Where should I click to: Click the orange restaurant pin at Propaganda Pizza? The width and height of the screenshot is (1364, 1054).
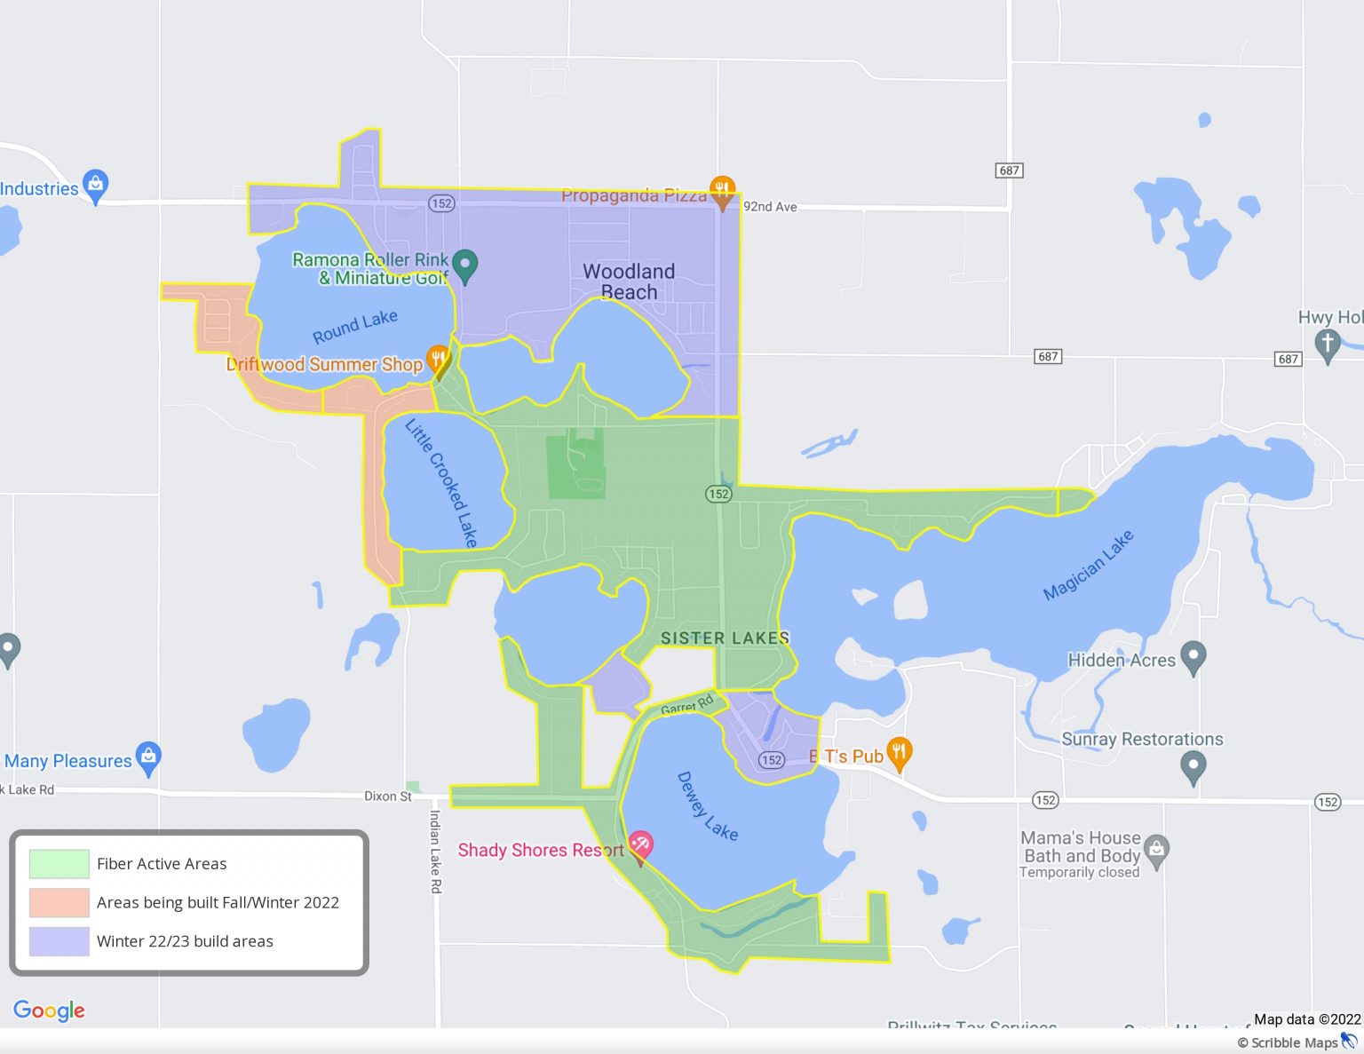(x=722, y=191)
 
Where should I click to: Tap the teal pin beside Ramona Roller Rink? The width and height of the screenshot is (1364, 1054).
(x=464, y=265)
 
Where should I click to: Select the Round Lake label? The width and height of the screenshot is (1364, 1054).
(x=354, y=326)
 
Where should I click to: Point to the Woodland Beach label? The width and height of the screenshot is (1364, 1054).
(x=629, y=281)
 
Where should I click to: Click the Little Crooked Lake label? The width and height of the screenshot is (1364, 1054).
(x=441, y=483)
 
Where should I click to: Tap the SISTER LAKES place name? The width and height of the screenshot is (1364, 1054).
(x=725, y=638)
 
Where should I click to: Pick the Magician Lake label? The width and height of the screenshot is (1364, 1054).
(x=1088, y=565)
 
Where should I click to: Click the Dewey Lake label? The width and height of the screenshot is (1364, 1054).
(x=707, y=806)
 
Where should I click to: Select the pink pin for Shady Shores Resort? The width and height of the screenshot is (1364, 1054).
(x=640, y=844)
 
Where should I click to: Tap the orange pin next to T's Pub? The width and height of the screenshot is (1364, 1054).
(x=899, y=754)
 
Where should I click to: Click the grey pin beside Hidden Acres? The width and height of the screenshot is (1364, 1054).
(x=1193, y=656)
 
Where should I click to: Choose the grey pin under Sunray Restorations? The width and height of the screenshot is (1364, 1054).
(x=1193, y=765)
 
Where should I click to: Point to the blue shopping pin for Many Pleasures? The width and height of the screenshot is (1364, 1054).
(x=148, y=757)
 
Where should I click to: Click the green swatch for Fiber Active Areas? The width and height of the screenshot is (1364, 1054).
(x=59, y=864)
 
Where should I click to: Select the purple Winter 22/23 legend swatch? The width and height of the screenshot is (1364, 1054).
(x=59, y=941)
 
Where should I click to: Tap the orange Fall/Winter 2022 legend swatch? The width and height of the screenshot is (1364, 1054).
(x=59, y=902)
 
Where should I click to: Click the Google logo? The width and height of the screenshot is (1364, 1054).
(x=49, y=1010)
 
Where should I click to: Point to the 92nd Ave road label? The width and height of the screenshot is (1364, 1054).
(x=770, y=207)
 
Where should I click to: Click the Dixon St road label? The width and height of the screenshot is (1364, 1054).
(x=388, y=796)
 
